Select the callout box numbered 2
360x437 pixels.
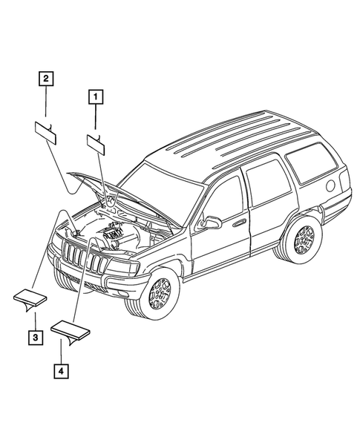pos(46,78)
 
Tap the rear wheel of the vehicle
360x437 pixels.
pos(301,239)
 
